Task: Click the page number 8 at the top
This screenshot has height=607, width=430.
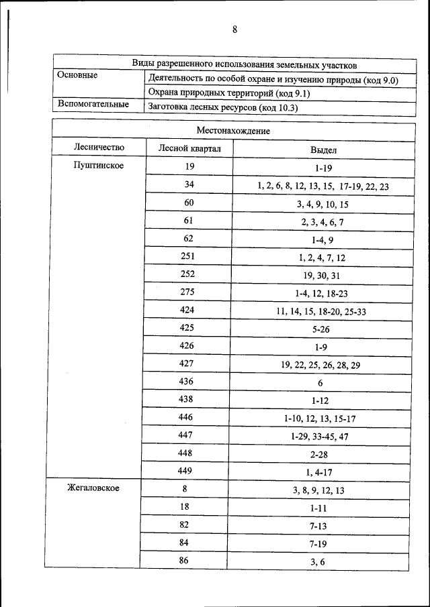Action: (234, 29)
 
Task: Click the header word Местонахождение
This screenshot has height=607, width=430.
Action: (232, 130)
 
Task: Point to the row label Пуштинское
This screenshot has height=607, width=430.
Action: (98, 166)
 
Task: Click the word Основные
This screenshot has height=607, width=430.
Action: (77, 76)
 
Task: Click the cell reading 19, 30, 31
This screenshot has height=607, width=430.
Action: (318, 276)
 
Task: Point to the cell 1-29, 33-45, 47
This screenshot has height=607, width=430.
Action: (319, 437)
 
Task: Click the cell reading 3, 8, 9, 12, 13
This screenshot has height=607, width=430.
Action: (318, 490)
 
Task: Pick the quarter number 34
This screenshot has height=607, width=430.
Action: (189, 184)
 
